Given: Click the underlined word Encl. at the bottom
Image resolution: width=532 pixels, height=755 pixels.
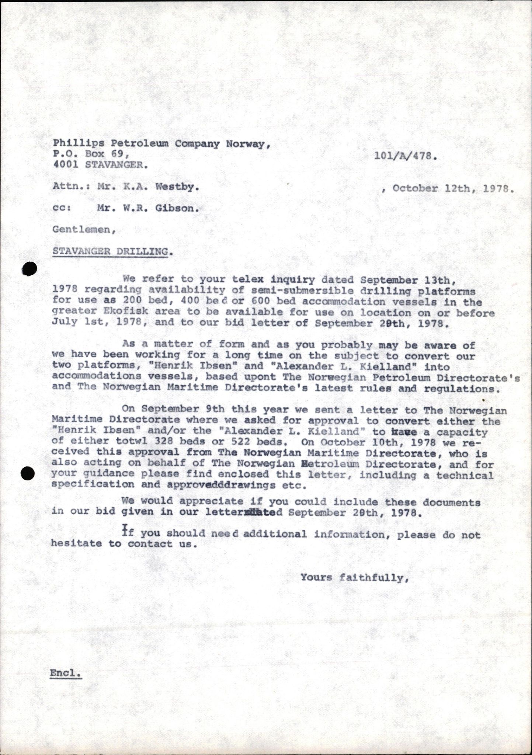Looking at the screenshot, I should pyautogui.click(x=66, y=673).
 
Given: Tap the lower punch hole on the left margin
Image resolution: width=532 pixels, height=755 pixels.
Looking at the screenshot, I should pyautogui.click(x=28, y=473).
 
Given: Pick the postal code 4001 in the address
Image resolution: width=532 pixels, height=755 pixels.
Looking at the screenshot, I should pyautogui.click(x=65, y=165).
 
